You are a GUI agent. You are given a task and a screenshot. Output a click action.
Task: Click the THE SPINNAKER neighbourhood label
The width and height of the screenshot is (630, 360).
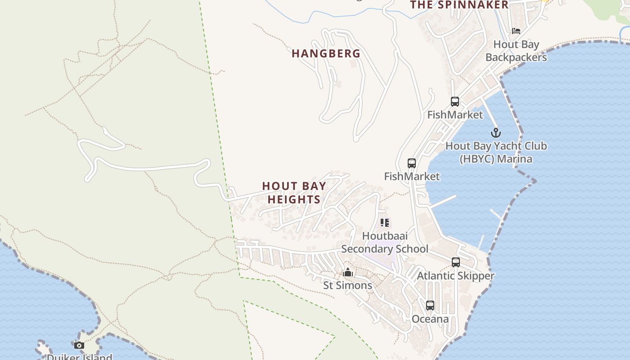[x=459, y=5]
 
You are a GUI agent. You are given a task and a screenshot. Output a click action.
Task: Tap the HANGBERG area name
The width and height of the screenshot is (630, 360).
[x=326, y=54]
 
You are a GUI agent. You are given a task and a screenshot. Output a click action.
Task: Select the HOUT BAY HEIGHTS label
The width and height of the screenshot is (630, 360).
[x=294, y=193]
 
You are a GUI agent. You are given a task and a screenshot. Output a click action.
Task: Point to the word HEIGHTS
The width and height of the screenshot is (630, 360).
[x=294, y=199]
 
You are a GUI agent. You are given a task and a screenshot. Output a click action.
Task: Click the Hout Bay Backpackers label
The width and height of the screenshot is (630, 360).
[x=516, y=51]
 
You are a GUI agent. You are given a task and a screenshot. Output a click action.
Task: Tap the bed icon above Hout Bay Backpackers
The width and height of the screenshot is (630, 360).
[x=516, y=31]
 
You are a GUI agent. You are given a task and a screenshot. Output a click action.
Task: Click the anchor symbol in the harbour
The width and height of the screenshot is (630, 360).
[x=495, y=133]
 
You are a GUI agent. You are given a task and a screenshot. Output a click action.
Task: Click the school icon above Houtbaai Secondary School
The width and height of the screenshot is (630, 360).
[x=385, y=222]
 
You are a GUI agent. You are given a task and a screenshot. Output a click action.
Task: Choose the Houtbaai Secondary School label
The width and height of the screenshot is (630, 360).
[x=385, y=243]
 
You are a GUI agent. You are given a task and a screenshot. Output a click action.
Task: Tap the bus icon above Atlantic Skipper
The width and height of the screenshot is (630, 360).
[x=456, y=262]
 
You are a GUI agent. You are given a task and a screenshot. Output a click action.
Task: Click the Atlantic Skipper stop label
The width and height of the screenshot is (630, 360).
[x=456, y=275]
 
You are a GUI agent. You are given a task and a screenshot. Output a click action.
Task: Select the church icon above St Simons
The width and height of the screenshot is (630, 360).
[x=347, y=272]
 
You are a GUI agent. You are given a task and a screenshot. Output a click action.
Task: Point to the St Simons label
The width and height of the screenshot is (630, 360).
[x=348, y=285]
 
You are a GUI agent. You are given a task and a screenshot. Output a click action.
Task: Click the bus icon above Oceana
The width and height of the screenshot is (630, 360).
[x=430, y=306]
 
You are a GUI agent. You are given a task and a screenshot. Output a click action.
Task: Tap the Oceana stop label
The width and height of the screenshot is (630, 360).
[x=430, y=319]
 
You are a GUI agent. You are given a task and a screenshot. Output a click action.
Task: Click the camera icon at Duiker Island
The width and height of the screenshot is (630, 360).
[x=79, y=346]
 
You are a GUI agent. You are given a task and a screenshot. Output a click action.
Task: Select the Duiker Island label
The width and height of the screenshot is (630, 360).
[x=79, y=357]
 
